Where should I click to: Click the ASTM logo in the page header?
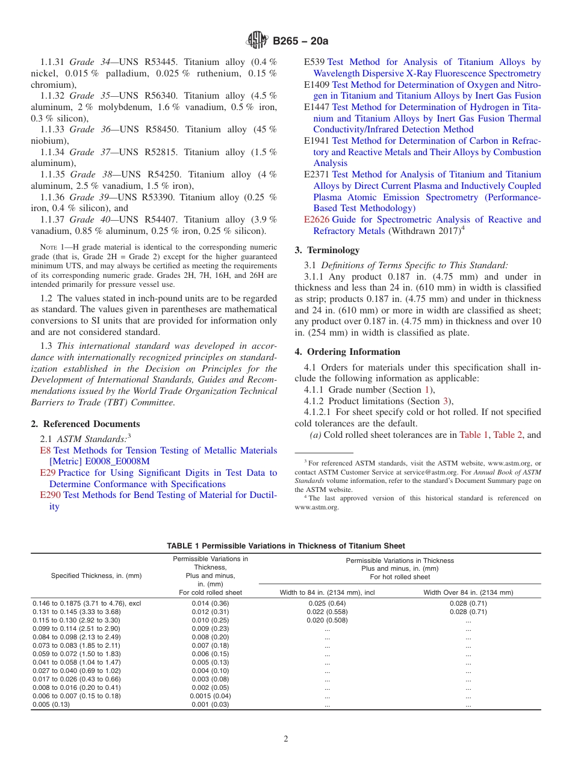tap(257, 41)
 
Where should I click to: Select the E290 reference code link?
tap(51, 495)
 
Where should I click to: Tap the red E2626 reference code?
tap(317, 220)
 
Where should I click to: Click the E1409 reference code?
tap(317, 85)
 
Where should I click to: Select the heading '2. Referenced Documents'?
tap(85, 423)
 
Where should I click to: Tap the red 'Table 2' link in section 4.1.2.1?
tap(508, 434)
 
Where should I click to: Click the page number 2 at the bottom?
tap(286, 739)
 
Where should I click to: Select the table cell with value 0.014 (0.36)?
tap(210, 603)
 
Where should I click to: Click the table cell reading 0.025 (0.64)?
tap(327, 603)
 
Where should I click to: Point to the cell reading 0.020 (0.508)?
tap(327, 620)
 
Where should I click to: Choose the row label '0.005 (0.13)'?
tap(51, 704)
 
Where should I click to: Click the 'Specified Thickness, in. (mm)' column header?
tap(96, 576)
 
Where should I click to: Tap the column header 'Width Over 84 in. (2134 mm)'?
tap(468, 592)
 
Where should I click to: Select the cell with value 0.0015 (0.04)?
tap(210, 696)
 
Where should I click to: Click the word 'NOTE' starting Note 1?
tap(49, 247)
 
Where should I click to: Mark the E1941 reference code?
tap(317, 141)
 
